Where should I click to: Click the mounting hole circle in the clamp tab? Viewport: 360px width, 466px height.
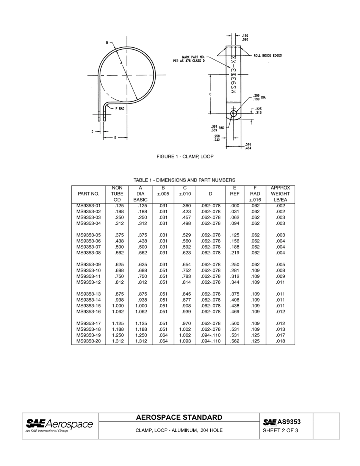point(233,113)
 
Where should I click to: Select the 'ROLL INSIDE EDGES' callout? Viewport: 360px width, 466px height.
point(268,56)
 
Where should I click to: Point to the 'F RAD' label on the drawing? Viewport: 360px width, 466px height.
point(120,108)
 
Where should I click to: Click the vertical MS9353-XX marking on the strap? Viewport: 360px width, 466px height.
point(233,76)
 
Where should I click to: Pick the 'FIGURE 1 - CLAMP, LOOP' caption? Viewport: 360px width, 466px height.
point(185,156)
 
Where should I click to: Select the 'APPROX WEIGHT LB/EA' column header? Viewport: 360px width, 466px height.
point(280,194)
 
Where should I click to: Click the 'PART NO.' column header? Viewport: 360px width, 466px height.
point(88,194)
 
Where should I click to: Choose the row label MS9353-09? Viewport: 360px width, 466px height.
point(89,264)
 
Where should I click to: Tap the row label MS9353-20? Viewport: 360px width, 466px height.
point(89,341)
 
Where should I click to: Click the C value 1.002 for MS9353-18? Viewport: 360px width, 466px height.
point(185,329)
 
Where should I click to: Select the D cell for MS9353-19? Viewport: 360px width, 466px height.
point(210,335)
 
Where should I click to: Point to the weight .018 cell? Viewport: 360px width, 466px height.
point(280,341)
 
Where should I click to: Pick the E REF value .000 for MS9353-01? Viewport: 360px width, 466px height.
point(235,206)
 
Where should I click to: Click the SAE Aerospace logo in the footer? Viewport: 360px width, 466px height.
point(59,425)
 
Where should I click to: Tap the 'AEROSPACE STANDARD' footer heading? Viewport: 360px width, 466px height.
point(179,418)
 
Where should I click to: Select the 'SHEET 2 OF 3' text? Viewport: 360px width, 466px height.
point(280,430)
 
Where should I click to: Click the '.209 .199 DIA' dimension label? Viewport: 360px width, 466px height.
point(259,97)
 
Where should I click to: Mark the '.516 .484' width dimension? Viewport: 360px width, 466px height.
point(249,146)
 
